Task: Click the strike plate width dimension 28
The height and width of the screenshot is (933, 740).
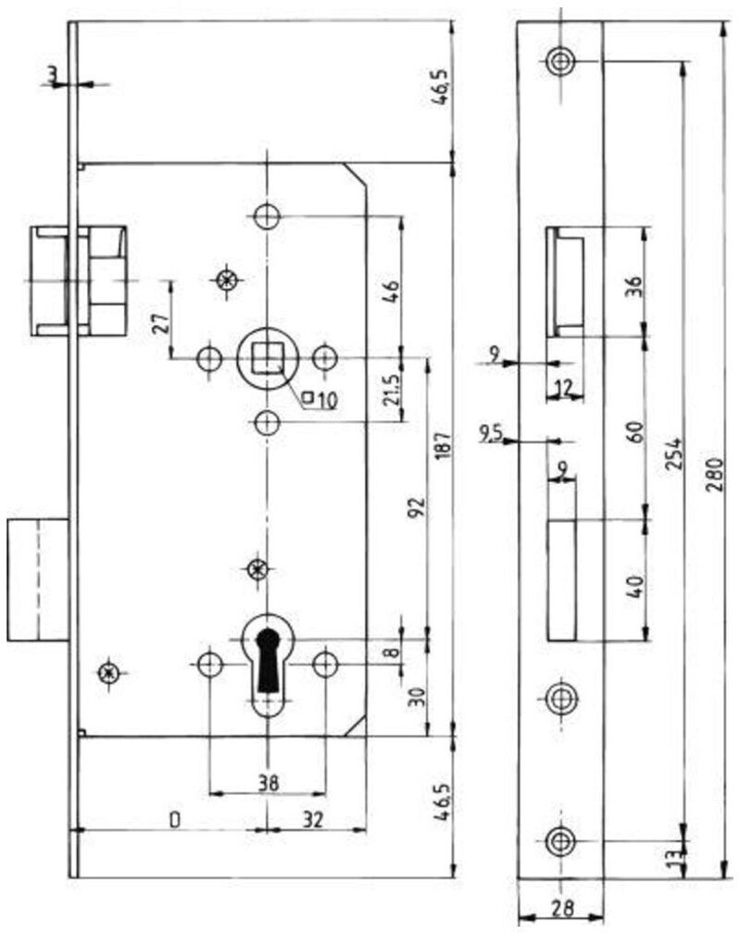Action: point(559,910)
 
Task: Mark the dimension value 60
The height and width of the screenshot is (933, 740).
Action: point(634,431)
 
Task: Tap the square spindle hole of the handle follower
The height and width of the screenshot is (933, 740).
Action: point(267,356)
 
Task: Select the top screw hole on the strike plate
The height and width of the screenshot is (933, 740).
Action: point(559,62)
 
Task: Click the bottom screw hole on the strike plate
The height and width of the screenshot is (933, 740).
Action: point(559,840)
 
